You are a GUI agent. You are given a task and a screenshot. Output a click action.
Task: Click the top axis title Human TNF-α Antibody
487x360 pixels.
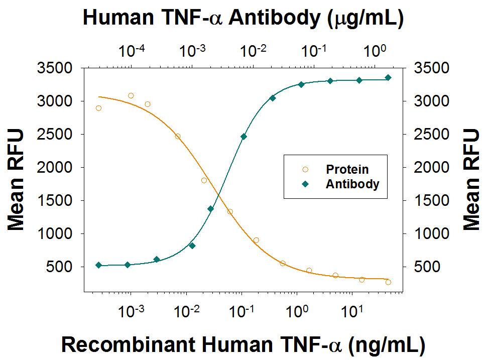[243, 18]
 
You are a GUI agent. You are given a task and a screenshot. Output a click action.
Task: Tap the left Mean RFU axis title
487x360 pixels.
[16, 179]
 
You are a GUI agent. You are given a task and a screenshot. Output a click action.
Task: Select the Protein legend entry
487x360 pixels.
[347, 169]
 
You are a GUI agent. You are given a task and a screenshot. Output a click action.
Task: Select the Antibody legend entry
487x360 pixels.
[352, 184]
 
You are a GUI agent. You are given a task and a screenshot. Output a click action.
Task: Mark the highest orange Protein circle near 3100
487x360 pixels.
[131, 95]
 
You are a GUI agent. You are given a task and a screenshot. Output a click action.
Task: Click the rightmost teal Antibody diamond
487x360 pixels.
[388, 77]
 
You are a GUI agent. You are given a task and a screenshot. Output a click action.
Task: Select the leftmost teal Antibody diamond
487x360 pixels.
[98, 265]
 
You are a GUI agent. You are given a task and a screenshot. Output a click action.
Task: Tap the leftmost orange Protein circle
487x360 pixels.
[98, 108]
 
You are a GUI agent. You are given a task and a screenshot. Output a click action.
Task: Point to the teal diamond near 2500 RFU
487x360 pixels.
[243, 136]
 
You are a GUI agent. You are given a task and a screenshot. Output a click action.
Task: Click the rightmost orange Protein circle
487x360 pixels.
[388, 282]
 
